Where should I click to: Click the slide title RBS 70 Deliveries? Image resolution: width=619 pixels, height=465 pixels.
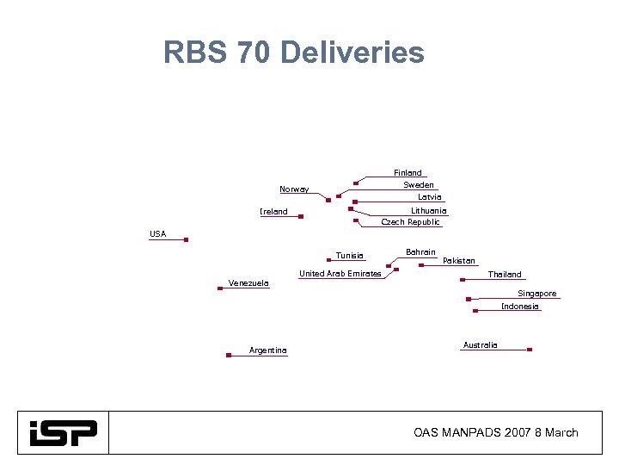[x=293, y=53]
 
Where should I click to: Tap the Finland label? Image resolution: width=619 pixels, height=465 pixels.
[x=408, y=173]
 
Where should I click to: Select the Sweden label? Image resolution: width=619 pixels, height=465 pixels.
[x=419, y=185]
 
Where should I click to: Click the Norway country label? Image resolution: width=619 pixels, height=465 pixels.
[x=294, y=189]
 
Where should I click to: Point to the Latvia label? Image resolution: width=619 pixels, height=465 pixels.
[x=429, y=197]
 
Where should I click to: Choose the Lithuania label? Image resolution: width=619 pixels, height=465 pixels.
[x=428, y=211]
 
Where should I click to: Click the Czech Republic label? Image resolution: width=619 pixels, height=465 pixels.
[x=410, y=222]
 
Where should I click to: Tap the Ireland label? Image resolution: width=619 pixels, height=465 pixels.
[x=273, y=212]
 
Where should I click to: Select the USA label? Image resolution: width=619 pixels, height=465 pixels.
[x=157, y=234]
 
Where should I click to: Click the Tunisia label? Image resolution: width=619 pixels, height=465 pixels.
[x=350, y=256]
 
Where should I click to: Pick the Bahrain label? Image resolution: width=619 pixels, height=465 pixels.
[x=420, y=252]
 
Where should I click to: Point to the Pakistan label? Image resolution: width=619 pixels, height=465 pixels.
[x=458, y=261]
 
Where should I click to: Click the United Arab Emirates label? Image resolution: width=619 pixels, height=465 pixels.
[x=340, y=274]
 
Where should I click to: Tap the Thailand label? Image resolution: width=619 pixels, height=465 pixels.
[x=505, y=275]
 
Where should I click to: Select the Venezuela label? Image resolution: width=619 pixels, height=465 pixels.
[x=248, y=282]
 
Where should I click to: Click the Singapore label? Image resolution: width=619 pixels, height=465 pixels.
[x=536, y=294]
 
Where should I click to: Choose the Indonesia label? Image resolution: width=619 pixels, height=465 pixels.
[x=520, y=307]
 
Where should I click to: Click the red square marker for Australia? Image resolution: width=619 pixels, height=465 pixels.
[x=530, y=350]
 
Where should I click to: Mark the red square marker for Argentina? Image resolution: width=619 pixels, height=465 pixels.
[x=228, y=355]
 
